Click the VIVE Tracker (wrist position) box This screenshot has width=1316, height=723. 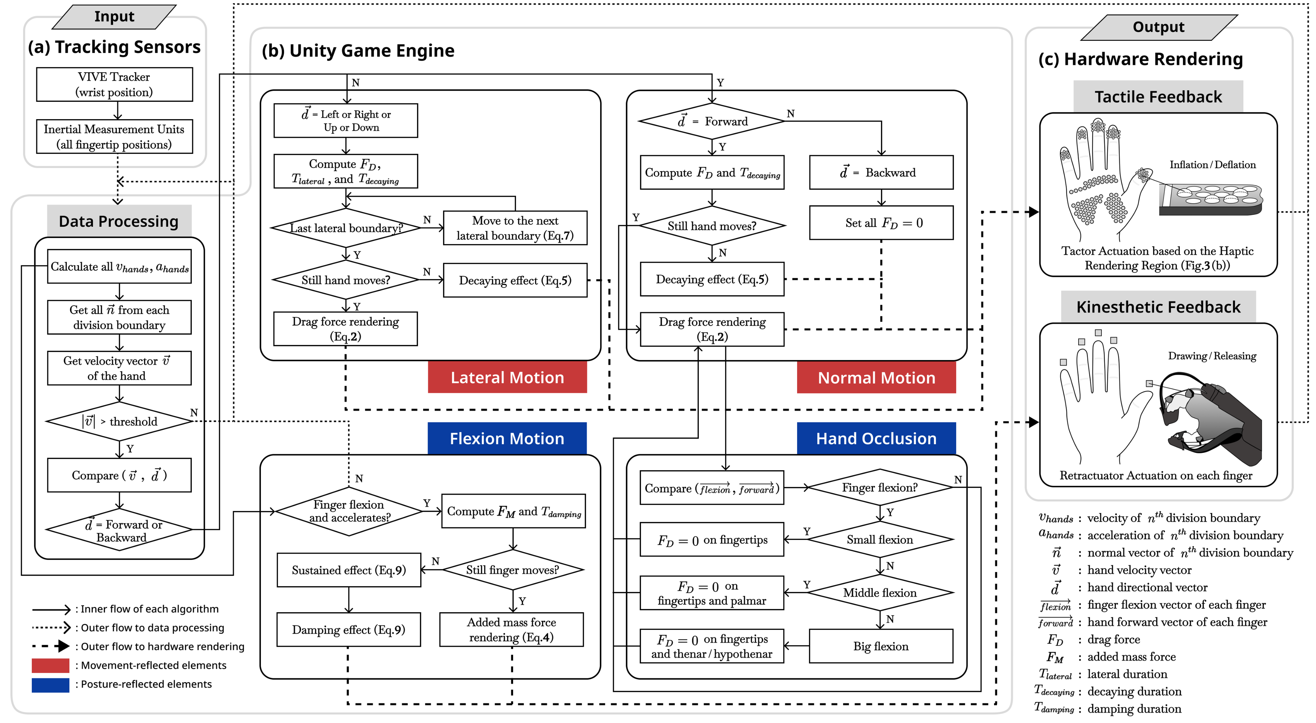pos(114,84)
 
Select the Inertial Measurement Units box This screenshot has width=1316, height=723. pos(114,136)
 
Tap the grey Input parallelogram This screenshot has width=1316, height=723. pos(114,17)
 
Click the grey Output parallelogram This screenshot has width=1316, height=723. pos(1158,27)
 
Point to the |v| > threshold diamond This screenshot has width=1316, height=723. pos(119,421)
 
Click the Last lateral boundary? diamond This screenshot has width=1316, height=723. pos(346,228)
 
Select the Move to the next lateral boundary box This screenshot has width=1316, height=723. pos(515,228)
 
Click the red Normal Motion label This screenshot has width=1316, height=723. pos(876,377)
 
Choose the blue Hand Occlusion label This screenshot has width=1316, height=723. pos(876,438)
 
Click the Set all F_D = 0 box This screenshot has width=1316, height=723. pos(881,223)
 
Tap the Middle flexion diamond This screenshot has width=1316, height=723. pos(880,592)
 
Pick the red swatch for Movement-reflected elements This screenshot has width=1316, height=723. pos(50,665)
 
